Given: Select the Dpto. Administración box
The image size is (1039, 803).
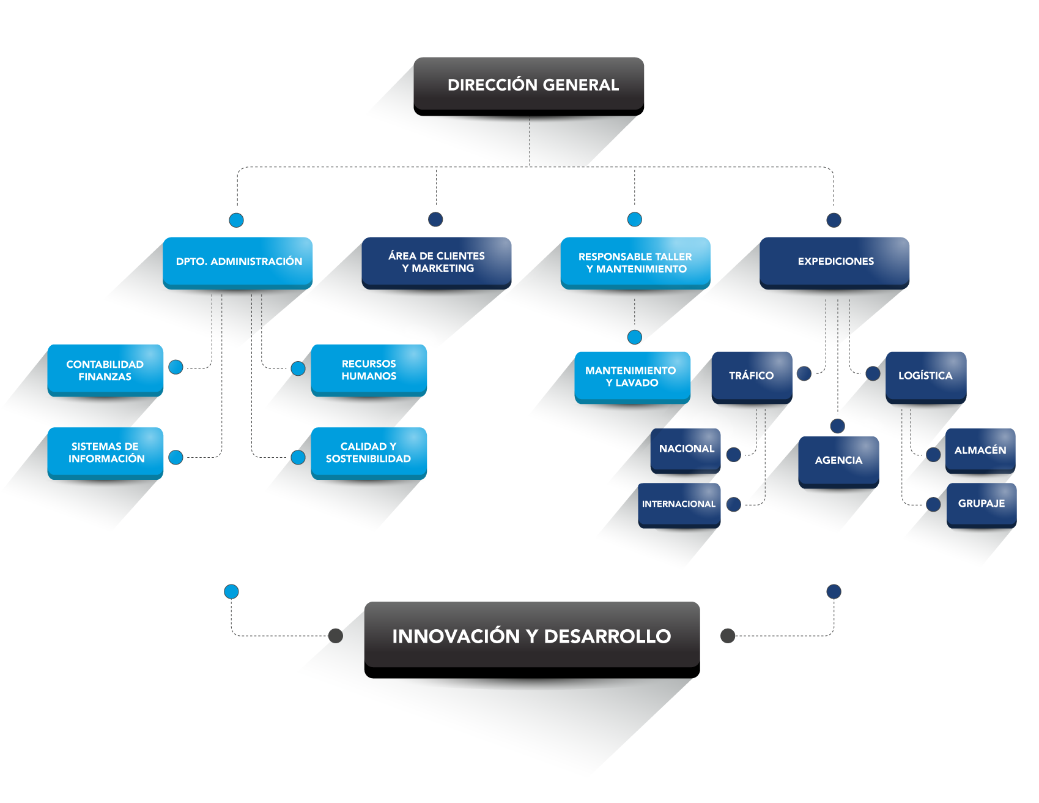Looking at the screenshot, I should tap(238, 262).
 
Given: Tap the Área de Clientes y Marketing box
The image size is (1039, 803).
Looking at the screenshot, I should tap(437, 262).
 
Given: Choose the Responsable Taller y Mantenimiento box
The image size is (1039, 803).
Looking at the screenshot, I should tap(635, 263).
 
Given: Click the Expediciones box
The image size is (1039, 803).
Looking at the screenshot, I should tap(835, 262).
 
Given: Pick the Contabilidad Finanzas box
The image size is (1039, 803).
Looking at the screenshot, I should tap(105, 370).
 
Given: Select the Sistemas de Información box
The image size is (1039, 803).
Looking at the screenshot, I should tap(105, 453).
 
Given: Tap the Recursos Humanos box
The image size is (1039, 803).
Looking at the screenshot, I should tap(369, 370).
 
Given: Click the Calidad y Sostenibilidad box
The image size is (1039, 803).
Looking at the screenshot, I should tap(369, 453).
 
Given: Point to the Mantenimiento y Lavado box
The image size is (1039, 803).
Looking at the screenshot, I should tap(632, 377).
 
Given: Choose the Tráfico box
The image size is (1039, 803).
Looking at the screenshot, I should tap(752, 376).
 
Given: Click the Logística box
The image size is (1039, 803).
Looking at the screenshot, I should tap(926, 376).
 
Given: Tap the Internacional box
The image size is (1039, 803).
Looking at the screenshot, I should tap(679, 504).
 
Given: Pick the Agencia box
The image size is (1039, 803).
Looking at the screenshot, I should tap(838, 461).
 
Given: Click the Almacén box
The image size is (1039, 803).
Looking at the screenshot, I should tap(980, 450).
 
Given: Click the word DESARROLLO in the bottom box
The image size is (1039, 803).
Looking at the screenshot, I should tap(607, 637).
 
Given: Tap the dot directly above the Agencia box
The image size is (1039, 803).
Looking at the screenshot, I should tap(838, 426).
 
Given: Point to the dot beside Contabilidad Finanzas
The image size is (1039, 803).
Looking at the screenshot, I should tap(176, 367).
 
